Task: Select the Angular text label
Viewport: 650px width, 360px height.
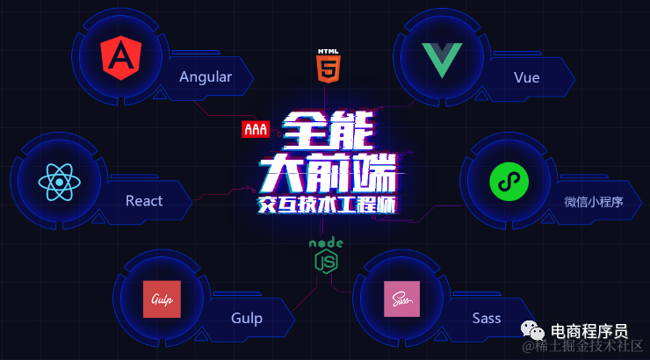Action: point(206,76)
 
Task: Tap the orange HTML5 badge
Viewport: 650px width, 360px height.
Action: point(327,67)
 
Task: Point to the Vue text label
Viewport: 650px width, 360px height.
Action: point(527,77)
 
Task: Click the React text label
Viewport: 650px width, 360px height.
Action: point(144,201)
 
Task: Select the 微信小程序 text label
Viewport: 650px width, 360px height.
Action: point(594,202)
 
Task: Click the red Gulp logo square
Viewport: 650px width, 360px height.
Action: point(162,299)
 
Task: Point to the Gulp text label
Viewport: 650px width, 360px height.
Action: point(247,318)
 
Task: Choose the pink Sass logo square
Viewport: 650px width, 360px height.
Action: point(401,299)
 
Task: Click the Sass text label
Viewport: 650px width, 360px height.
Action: point(486,318)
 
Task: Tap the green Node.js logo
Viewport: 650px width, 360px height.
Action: point(326,256)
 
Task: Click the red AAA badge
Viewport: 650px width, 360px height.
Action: point(255,130)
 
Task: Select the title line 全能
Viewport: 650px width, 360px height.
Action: point(327,132)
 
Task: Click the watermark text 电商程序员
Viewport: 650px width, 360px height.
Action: point(589,332)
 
